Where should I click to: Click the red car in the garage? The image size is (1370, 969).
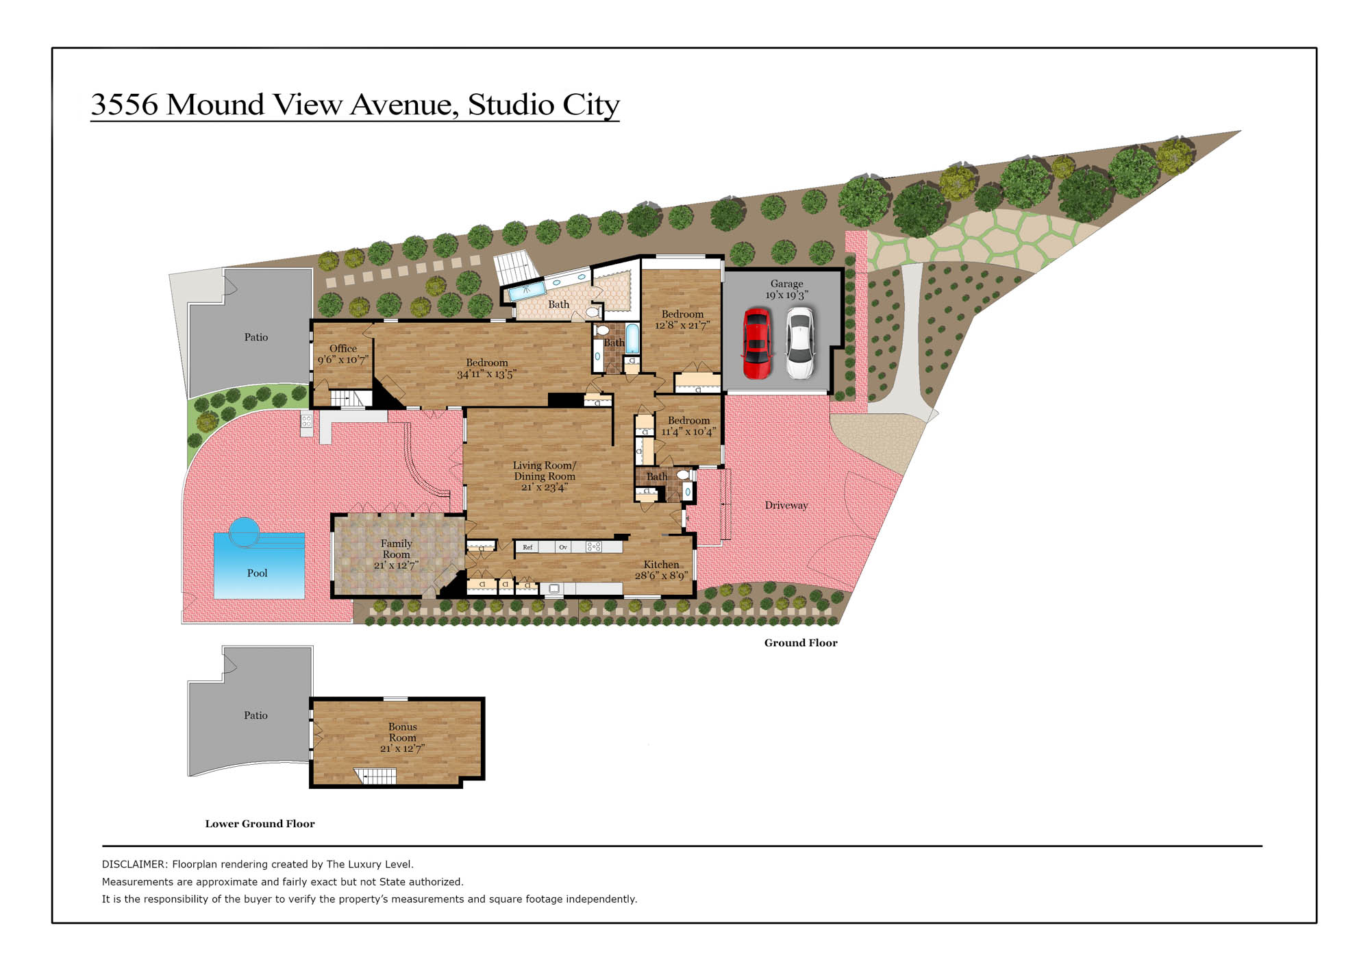click(x=757, y=343)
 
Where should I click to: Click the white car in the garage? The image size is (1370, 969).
click(x=799, y=343)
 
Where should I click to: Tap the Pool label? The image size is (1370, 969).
click(x=257, y=573)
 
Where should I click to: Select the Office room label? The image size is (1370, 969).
click(x=343, y=348)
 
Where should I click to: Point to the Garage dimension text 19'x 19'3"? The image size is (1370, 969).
click(x=786, y=295)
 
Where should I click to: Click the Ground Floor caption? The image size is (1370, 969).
click(x=801, y=643)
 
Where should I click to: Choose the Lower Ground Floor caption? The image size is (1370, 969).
click(x=260, y=824)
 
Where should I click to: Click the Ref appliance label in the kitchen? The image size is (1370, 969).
click(x=527, y=547)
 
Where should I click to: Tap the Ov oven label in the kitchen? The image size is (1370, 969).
click(x=563, y=547)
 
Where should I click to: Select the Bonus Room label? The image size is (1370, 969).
click(x=403, y=732)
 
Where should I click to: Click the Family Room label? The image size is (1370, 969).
click(x=397, y=549)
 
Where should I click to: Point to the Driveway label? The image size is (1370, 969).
click(x=786, y=506)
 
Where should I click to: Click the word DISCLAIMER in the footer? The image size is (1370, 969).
click(x=134, y=864)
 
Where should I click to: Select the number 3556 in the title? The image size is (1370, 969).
click(x=125, y=104)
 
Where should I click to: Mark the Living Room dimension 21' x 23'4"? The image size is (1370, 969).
click(x=545, y=487)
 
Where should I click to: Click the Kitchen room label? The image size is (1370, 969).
click(x=661, y=564)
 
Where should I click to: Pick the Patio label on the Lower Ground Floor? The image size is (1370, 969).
click(x=256, y=715)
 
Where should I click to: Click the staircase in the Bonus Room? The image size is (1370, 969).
click(x=375, y=776)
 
